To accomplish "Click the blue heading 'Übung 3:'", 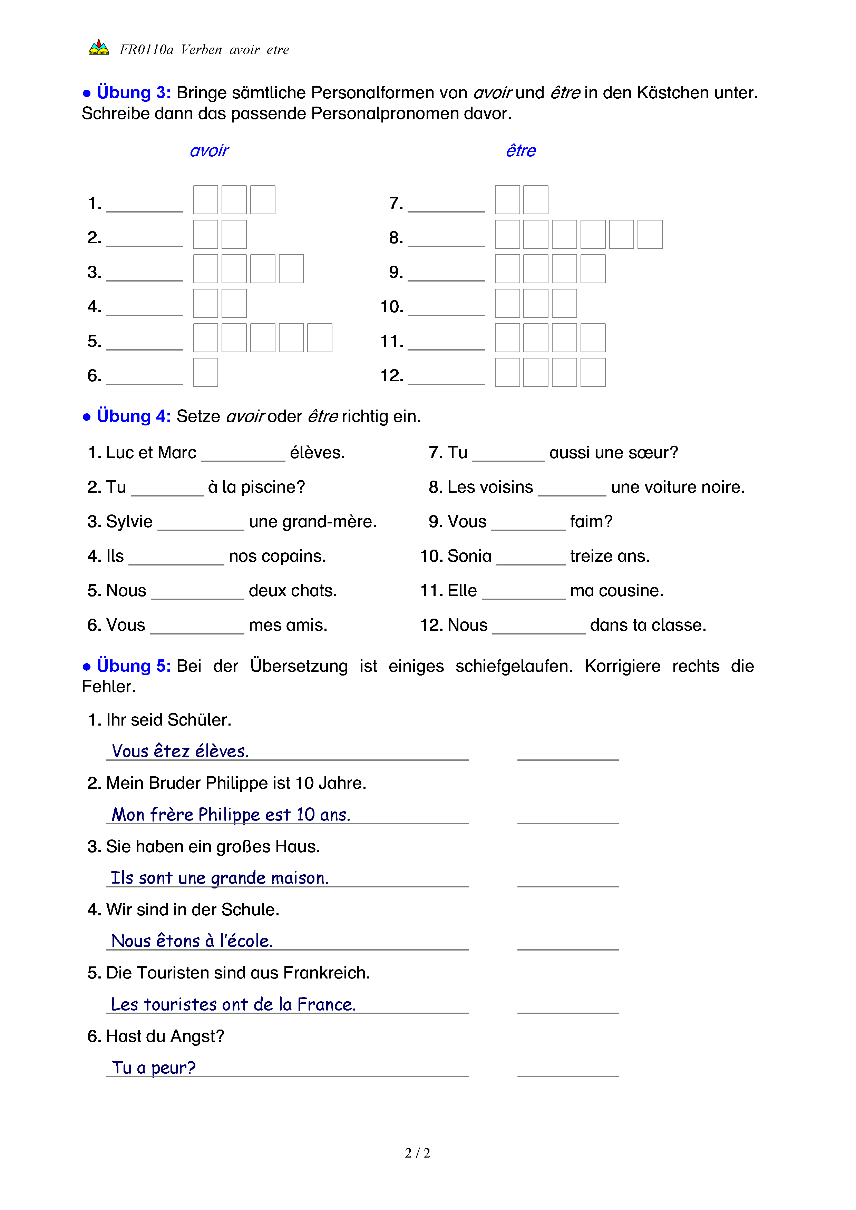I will (x=133, y=93).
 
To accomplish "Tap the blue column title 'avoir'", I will (x=209, y=151).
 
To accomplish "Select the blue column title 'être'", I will (x=521, y=151).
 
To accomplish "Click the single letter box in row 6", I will (x=206, y=372).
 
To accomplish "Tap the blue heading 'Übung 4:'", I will (x=133, y=416).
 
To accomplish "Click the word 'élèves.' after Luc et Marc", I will (x=317, y=453).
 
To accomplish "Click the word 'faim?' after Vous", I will (x=591, y=522).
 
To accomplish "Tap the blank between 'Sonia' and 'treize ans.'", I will (x=531, y=559).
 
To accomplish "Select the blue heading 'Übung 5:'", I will (x=133, y=666).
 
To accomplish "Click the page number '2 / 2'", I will (x=417, y=1153).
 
